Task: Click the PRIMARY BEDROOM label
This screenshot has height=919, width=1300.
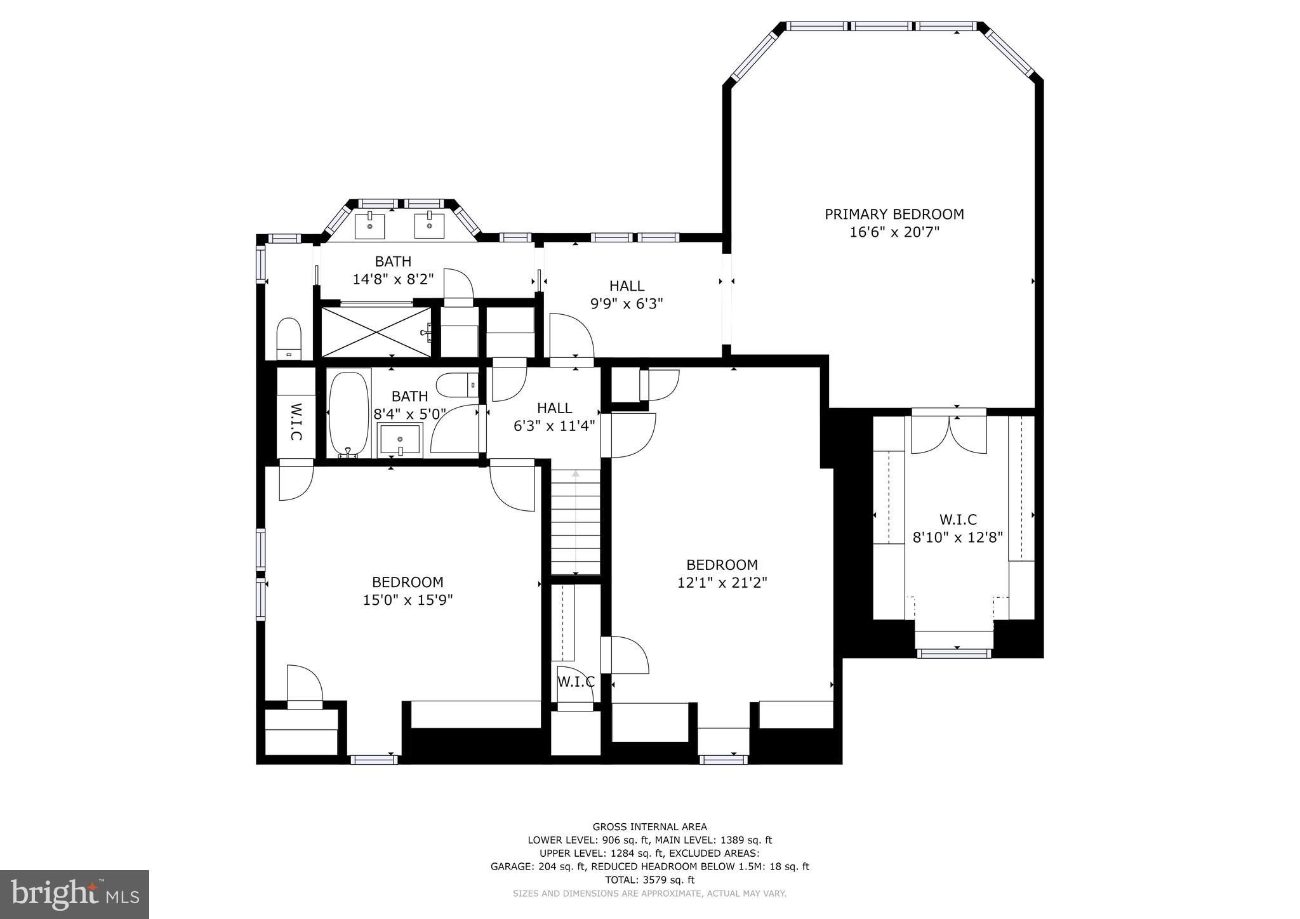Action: click(894, 215)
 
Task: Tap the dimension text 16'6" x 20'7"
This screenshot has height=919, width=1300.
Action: click(894, 232)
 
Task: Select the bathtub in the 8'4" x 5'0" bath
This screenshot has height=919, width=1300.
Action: click(348, 414)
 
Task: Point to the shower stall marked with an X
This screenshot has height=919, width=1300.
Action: click(376, 332)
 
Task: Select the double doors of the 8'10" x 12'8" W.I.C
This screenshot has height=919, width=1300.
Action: click(949, 435)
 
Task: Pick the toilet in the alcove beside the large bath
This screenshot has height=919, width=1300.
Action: click(289, 339)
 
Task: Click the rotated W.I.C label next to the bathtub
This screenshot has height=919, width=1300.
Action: click(296, 422)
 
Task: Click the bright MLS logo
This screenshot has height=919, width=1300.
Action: click(74, 894)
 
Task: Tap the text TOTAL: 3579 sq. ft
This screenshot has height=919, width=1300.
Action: click(649, 880)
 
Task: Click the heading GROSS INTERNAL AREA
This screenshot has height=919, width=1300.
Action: click(649, 826)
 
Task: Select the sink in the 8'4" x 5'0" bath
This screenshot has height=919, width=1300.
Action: click(400, 439)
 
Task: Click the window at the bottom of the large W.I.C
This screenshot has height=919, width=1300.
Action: click(953, 653)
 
